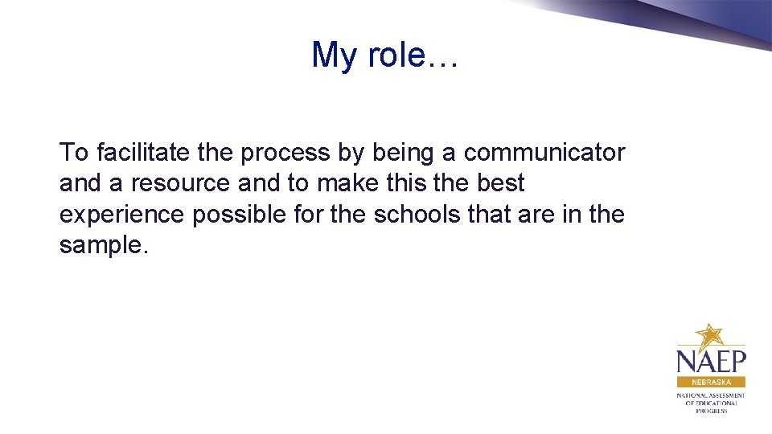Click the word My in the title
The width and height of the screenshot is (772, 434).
click(333, 55)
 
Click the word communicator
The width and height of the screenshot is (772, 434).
click(544, 152)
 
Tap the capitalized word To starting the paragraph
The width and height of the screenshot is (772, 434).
click(73, 152)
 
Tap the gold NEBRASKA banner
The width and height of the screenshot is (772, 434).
click(711, 383)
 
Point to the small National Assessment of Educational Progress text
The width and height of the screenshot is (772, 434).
click(711, 403)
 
